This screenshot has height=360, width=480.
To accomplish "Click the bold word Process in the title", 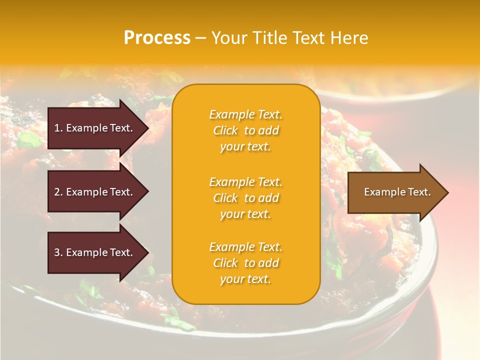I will tap(157, 38).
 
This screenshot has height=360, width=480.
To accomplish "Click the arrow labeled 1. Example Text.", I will tap(95, 128).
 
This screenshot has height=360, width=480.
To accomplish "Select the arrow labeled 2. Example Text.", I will tap(95, 192).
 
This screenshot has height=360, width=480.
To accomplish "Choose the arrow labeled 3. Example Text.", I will tap(95, 252).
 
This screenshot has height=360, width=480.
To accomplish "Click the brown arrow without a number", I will tap(395, 192).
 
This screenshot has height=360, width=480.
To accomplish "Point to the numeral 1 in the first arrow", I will tap(56, 128).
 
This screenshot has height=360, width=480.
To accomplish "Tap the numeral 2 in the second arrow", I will tap(57, 192).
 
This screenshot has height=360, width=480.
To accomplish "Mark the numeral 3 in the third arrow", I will tap(57, 252).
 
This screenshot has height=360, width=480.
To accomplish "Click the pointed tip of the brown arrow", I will tap(446, 192).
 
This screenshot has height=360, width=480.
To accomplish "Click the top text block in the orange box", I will tap(246, 130).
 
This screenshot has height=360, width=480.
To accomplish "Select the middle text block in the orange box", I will tap(246, 198).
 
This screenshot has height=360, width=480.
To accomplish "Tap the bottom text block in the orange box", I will tap(246, 263).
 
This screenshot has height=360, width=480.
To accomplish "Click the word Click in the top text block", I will tap(225, 130).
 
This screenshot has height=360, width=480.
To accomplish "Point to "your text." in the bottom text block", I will tap(246, 279).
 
